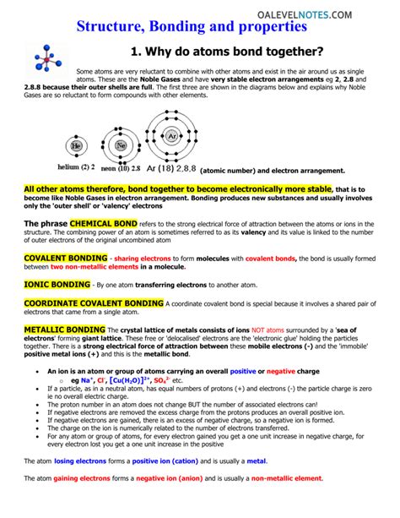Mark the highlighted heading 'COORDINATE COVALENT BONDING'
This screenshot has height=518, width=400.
click(x=94, y=303)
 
